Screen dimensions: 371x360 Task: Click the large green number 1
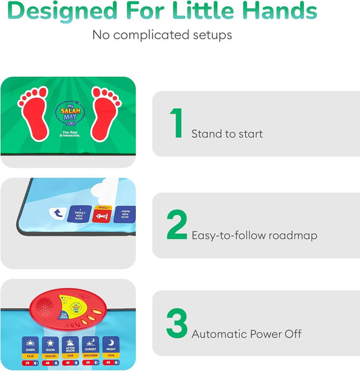point(177,123)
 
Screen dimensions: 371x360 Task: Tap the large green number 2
point(177,225)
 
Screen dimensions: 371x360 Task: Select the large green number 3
point(177,324)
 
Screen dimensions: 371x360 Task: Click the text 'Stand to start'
point(227,134)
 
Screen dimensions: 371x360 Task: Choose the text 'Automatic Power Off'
point(247,334)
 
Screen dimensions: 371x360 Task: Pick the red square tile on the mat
point(101,215)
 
